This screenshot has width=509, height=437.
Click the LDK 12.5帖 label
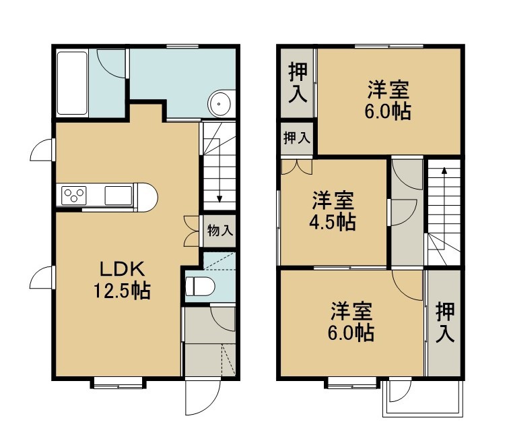pyautogui.click(x=122, y=280)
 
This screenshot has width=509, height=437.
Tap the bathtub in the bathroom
pyautogui.click(x=72, y=83)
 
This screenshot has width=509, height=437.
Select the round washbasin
pyautogui.click(x=219, y=104)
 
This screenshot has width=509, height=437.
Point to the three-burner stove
pyautogui.click(x=74, y=195)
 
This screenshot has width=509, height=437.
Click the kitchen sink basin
pyautogui.click(x=118, y=195)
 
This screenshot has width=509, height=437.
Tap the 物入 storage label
pyautogui.click(x=220, y=231)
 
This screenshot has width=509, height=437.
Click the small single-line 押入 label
pyautogui.click(x=297, y=138)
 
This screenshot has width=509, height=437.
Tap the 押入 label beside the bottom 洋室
pyautogui.click(x=445, y=322)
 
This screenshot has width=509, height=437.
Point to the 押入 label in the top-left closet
pyautogui.click(x=298, y=82)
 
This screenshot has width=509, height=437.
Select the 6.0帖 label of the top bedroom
pyautogui.click(x=388, y=111)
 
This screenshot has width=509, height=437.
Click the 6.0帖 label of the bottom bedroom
pyautogui.click(x=351, y=332)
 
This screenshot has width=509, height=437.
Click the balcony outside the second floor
pyautogui.click(x=422, y=399)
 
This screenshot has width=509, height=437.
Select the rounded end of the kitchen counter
pyautogui.click(x=148, y=198)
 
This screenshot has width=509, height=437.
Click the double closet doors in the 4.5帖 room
pyautogui.click(x=297, y=166)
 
